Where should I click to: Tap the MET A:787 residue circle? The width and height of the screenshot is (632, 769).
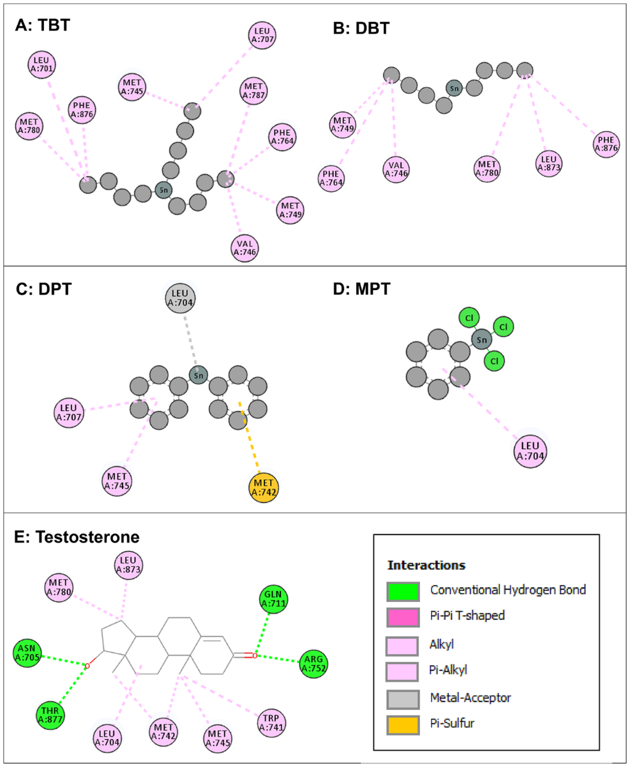pyautogui.click(x=253, y=91)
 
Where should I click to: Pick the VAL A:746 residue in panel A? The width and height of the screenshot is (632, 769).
pyautogui.click(x=245, y=248)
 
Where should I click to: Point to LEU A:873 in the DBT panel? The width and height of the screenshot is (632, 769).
pyautogui.click(x=549, y=164)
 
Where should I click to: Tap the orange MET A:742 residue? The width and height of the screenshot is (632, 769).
pyautogui.click(x=263, y=488)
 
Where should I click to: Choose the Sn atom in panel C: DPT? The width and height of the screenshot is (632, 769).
pyautogui.click(x=198, y=375)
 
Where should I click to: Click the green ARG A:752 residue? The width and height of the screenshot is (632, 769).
pyautogui.click(x=313, y=664)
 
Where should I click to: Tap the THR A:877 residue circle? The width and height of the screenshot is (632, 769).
pyautogui.click(x=50, y=716)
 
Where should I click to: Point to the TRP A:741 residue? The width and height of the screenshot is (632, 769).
pyautogui.click(x=271, y=723)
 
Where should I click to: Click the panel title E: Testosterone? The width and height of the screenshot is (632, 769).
pyautogui.click(x=77, y=537)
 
